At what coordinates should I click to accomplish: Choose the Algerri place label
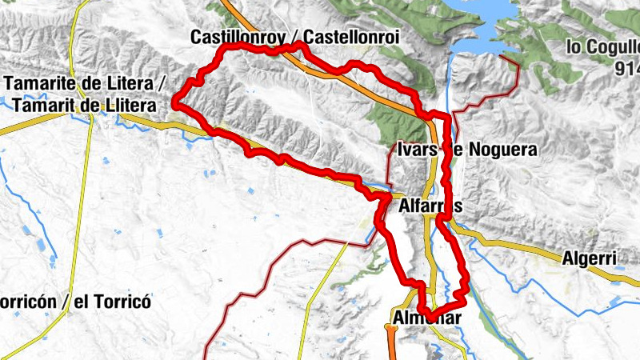click(588, 258)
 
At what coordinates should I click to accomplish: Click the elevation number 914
click(626, 70)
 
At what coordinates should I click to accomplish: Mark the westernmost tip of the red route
click(175, 103)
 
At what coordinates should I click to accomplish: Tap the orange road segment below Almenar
click(391, 344)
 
